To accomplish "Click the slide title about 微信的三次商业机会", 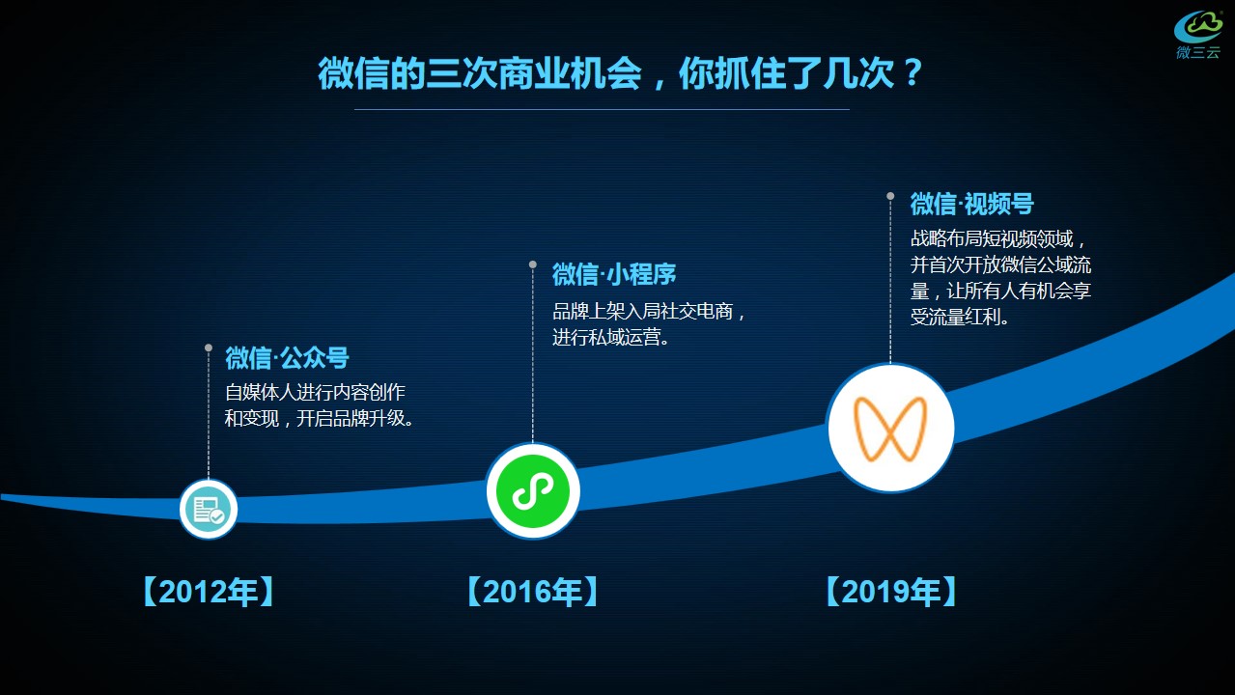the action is pyautogui.click(x=620, y=73).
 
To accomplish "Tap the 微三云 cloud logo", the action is pyautogui.click(x=1198, y=34).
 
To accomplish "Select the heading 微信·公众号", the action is pyautogui.click(x=287, y=358).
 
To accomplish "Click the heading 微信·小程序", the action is pyautogui.click(x=614, y=274).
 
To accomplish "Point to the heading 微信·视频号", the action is pyautogui.click(x=971, y=204).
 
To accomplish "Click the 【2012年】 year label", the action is pyautogui.click(x=209, y=592).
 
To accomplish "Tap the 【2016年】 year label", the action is pyautogui.click(x=533, y=592).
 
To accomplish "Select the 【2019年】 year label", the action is pyautogui.click(x=891, y=592).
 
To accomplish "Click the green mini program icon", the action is pyautogui.click(x=533, y=490).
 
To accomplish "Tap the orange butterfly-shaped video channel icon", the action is pyautogui.click(x=890, y=429).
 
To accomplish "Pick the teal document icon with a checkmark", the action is pyautogui.click(x=209, y=510).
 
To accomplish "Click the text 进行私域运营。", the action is pyautogui.click(x=611, y=337).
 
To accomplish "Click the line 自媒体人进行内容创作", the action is pyautogui.click(x=315, y=393).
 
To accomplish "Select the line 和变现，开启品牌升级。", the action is pyautogui.click(x=319, y=418).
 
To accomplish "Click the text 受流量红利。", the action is pyautogui.click(x=960, y=317).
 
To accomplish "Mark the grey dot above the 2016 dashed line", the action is pyautogui.click(x=533, y=264).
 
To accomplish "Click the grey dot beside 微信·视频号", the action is pyautogui.click(x=890, y=196).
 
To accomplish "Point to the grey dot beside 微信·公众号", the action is pyautogui.click(x=209, y=347).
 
